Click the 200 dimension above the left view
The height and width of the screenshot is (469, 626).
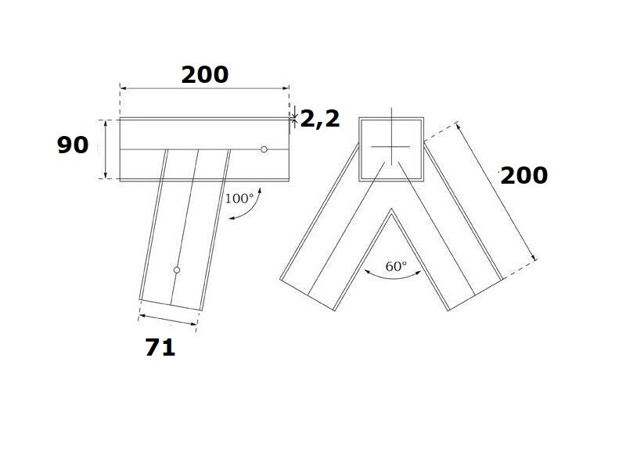(x=205, y=75)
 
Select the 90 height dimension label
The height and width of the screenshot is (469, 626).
(x=73, y=145)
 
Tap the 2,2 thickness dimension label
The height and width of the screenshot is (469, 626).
(x=319, y=120)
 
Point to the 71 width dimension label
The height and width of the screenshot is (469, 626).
(x=160, y=348)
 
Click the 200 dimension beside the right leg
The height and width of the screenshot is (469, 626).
(x=523, y=176)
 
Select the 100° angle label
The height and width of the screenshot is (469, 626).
(x=239, y=198)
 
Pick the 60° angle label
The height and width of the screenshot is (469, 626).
(x=396, y=267)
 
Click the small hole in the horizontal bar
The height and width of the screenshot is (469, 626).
(x=264, y=149)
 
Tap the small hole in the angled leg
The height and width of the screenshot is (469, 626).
(x=177, y=270)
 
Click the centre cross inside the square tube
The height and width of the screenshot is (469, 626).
(x=390, y=147)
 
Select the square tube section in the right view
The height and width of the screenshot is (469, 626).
(x=390, y=149)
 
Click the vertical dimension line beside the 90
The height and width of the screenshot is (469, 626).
(x=106, y=149)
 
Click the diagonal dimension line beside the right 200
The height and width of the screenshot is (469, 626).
(x=495, y=191)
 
